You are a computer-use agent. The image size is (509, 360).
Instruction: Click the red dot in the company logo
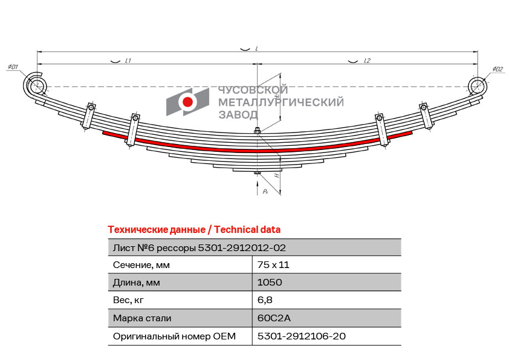pos(187,102)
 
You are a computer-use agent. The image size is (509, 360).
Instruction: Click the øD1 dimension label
pos(13,67)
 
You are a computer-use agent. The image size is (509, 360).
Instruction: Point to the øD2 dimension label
pos(498,69)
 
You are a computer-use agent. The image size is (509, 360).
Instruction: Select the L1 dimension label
pos(128,61)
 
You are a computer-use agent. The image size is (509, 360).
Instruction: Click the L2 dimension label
pos(367,61)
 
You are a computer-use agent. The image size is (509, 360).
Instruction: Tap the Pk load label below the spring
pos(265,191)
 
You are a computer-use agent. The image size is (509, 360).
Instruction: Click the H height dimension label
pos(277,175)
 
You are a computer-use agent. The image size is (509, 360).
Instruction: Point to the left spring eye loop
pos(35,85)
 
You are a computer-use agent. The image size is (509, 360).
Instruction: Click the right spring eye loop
pos(478,86)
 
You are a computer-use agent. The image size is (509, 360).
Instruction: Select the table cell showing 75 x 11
pos(273,265)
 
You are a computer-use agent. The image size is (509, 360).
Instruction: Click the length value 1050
pos(270,282)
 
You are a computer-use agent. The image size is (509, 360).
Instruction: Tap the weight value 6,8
pos(265,300)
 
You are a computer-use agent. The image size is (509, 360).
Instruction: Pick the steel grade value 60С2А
pos(274,318)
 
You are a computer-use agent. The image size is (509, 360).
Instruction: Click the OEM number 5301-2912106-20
pos(301,336)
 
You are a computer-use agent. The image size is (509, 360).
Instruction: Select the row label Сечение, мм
pos(141,265)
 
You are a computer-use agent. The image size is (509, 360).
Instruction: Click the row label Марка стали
pos(142,318)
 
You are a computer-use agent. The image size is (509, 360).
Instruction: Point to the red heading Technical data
pos(247,230)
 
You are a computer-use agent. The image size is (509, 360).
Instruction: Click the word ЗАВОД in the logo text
pos(238,115)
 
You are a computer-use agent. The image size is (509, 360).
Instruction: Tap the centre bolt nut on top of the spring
pos(257,131)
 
